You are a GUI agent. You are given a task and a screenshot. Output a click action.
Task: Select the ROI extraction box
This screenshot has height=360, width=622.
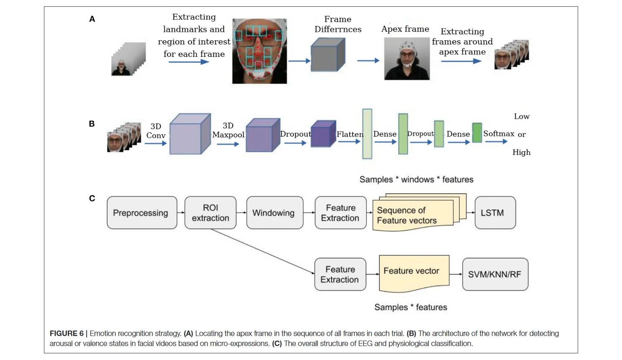coord(210,213)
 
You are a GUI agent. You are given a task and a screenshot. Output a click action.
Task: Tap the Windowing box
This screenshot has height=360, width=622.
coord(275,213)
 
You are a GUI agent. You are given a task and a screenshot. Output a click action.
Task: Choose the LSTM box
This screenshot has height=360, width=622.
coord(495,213)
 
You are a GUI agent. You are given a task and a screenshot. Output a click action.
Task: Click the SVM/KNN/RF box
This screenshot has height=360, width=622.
coord(495,274)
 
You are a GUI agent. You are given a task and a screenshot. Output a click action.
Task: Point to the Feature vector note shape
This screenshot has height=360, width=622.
coord(414,273)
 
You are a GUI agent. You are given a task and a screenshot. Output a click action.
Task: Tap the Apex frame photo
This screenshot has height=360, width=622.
coord(407,59)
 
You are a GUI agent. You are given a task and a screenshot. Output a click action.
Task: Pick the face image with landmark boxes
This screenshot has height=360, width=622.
coord(259,51)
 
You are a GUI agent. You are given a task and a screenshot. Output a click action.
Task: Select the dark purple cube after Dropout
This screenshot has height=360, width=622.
coord(323,134)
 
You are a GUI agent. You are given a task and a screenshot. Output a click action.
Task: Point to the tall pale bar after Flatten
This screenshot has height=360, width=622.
coord(367,134)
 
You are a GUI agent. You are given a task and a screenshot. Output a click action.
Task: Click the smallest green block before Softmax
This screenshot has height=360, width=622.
coord(477,133)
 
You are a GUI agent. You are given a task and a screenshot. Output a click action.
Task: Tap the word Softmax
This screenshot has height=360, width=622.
coord(499,134)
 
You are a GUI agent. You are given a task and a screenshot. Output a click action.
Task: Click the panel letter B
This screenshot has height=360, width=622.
coord(92,124)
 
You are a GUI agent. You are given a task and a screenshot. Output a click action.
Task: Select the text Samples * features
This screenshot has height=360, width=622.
coord(410,307)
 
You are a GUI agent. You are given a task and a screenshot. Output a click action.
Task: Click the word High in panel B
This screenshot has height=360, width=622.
coord(521,152)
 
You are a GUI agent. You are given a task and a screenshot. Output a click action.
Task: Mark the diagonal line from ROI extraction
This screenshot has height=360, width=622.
coord(262,251)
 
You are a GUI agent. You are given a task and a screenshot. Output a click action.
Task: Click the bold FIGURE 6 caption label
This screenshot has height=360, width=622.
coord(67,334)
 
